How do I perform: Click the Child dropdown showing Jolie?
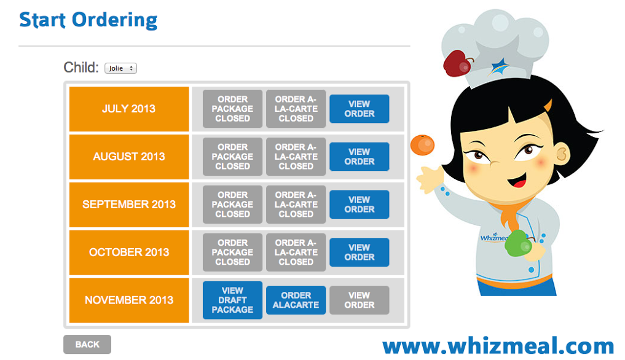coord(121,68)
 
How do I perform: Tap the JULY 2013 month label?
coord(129,109)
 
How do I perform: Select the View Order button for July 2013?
coord(359,109)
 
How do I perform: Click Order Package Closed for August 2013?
coord(232,157)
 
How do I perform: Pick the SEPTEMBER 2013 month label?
coord(129,205)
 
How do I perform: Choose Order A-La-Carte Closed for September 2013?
coord(296,205)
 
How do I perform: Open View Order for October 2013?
coord(359,252)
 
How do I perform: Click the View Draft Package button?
coord(232,300)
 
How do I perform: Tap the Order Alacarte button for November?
coord(296,300)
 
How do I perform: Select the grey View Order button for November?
coord(359,300)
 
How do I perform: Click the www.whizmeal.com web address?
coord(498,346)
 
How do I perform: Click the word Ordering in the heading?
coord(115,20)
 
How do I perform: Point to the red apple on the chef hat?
coord(457,63)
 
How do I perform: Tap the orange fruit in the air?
coord(423,145)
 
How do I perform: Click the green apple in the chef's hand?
coord(518,243)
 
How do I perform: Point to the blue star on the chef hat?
coord(498,66)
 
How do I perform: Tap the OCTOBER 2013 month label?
coord(129,252)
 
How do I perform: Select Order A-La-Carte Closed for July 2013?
coord(296,109)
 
